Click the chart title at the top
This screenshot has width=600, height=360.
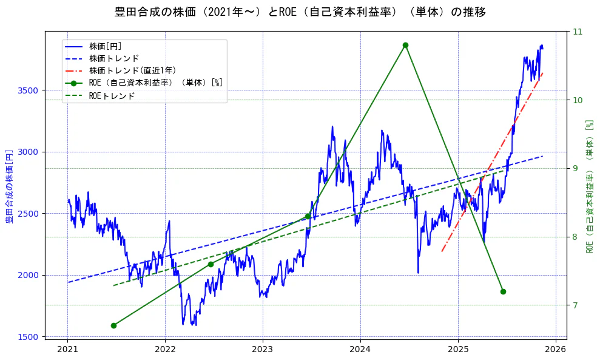click(300, 12)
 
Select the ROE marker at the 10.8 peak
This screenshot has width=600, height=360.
click(405, 45)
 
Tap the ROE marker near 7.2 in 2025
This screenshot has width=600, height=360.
click(503, 291)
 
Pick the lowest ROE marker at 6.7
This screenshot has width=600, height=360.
click(113, 325)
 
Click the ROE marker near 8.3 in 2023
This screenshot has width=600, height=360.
click(308, 216)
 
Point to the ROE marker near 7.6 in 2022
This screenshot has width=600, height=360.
click(211, 264)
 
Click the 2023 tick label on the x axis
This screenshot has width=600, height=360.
click(263, 349)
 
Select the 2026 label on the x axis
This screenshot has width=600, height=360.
click(555, 349)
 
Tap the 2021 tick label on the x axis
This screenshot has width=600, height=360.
click(67, 349)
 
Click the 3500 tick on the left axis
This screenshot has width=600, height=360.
click(29, 90)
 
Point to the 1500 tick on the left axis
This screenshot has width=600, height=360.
click(29, 336)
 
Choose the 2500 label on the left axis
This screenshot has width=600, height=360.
click(29, 214)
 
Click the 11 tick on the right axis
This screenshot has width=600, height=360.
click(577, 32)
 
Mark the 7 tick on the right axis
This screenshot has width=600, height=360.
click(575, 305)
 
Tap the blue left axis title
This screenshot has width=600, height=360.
click(9, 185)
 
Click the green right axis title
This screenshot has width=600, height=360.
click(590, 185)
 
